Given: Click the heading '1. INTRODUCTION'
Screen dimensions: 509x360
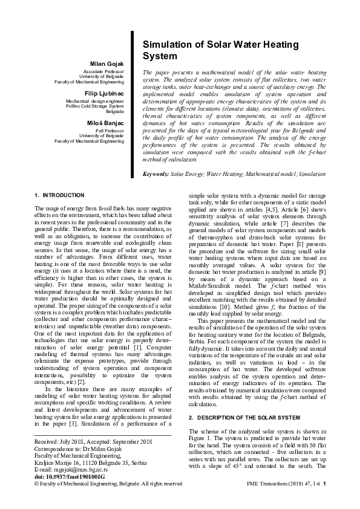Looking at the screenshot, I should [59, 195].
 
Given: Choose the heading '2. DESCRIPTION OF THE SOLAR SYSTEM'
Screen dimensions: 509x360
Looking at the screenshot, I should [244, 418].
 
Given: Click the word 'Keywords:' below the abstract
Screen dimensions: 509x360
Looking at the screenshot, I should [155, 173].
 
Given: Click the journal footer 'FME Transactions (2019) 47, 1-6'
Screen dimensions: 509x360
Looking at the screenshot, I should [284, 484].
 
